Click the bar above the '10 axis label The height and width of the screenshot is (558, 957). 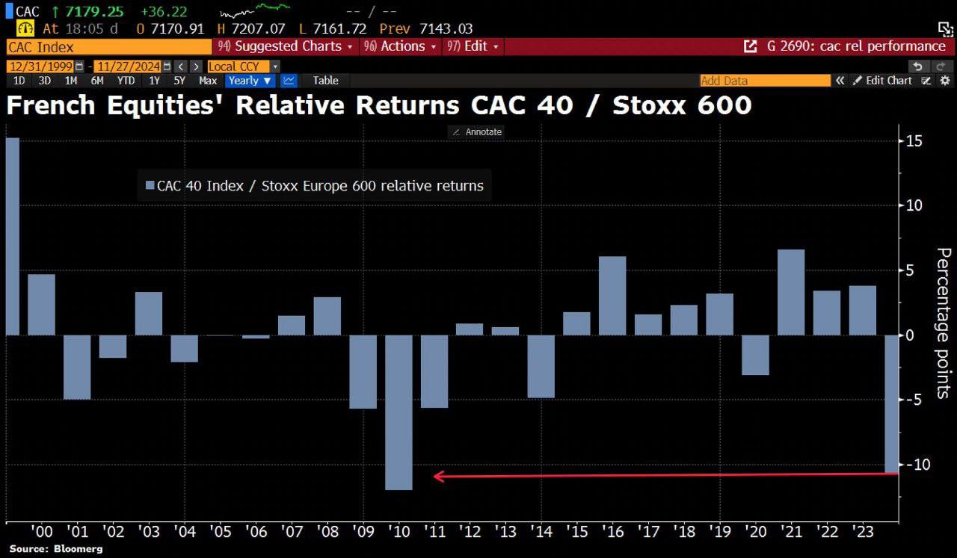click(399, 412)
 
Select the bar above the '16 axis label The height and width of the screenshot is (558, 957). click(612, 296)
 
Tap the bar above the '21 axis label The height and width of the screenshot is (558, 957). click(791, 292)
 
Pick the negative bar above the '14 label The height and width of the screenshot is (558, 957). click(541, 366)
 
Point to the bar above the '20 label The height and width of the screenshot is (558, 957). click(755, 355)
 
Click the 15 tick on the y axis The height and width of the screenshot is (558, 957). click(914, 141)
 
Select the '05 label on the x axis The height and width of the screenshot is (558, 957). click(220, 531)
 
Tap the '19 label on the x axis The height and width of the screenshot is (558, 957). click(719, 531)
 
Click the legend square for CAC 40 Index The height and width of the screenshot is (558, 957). click(149, 186)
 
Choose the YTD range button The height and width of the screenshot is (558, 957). click(126, 81)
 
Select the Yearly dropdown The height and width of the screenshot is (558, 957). click(250, 81)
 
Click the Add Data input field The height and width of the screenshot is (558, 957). click(764, 81)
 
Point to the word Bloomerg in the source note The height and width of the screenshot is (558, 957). click(77, 549)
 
